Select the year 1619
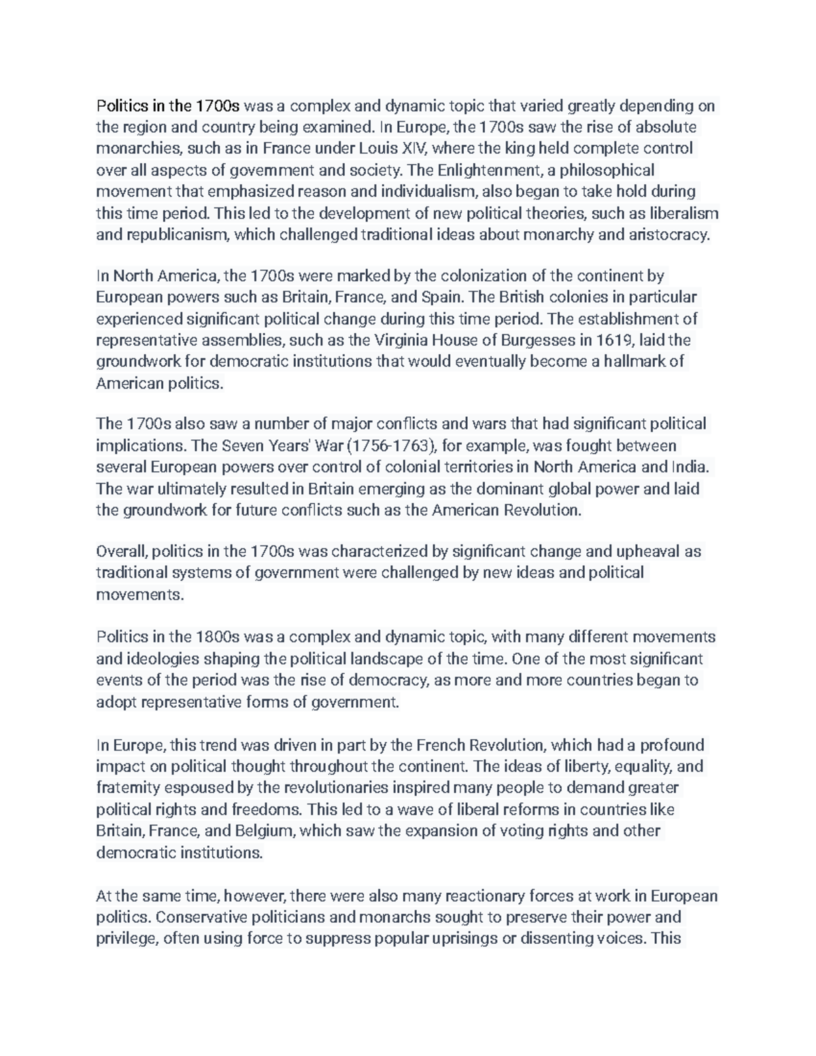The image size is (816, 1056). [x=615, y=340]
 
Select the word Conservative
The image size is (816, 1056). [x=197, y=917]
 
